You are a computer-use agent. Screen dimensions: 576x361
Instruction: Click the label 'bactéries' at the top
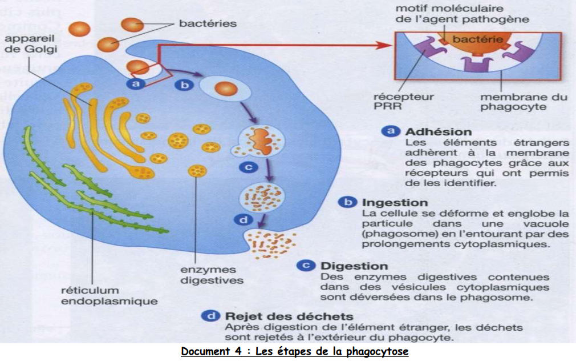[208, 23]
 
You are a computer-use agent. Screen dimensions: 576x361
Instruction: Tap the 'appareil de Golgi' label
[30, 43]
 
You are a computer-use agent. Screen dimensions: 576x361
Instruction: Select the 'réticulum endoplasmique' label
[109, 296]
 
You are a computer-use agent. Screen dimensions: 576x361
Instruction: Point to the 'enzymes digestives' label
[212, 275]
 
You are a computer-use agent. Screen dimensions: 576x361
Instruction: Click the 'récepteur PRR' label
[403, 102]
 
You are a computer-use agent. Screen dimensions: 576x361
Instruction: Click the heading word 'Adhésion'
[438, 132]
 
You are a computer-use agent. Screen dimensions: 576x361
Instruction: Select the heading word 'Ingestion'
[395, 202]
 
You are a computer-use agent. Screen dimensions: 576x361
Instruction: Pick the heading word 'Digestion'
[354, 266]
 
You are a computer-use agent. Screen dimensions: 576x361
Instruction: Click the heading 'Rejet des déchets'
[289, 316]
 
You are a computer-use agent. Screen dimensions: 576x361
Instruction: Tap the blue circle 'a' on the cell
[136, 83]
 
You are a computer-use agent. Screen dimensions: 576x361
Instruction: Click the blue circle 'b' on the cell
[184, 85]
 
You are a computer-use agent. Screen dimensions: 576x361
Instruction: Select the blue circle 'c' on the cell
[248, 167]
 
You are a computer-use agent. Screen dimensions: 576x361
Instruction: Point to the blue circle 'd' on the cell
[243, 220]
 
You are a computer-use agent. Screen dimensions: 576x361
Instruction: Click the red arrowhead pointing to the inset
[387, 45]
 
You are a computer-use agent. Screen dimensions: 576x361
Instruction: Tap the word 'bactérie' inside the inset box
[477, 39]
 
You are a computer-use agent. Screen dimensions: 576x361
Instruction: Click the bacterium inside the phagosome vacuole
[226, 89]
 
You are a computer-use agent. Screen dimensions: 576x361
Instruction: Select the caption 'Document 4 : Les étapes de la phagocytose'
[295, 351]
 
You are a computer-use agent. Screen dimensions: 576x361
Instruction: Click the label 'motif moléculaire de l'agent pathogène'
[462, 14]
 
